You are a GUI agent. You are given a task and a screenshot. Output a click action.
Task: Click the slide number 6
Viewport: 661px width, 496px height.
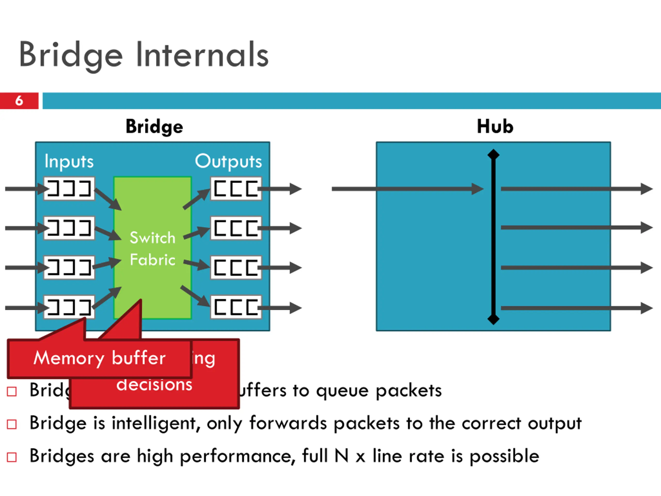click(19, 101)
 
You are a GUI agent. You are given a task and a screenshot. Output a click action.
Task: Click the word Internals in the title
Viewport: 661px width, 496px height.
click(202, 55)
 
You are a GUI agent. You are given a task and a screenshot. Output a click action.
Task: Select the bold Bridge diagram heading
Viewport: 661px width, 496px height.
click(154, 127)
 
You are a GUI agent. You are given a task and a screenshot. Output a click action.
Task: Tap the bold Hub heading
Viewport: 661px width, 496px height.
click(495, 127)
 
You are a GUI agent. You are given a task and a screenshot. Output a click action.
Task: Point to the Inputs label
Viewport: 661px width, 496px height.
click(69, 162)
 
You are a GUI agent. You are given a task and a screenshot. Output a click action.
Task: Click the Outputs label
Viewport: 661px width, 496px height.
click(228, 162)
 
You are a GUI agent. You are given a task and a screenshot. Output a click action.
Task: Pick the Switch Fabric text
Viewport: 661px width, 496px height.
click(152, 249)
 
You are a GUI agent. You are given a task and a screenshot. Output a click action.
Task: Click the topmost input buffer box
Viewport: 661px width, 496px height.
click(69, 189)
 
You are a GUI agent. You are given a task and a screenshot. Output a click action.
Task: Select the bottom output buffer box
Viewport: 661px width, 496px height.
click(236, 307)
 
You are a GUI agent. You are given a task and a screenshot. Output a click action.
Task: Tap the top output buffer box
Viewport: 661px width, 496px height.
click(236, 189)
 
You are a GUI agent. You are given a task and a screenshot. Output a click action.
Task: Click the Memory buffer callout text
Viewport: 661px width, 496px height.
click(99, 358)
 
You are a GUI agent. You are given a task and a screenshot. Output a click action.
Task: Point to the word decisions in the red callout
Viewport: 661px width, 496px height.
click(154, 385)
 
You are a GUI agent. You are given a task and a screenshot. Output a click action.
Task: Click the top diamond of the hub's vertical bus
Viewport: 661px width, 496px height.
click(493, 154)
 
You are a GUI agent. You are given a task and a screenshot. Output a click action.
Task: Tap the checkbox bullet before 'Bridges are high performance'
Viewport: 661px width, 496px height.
click(12, 457)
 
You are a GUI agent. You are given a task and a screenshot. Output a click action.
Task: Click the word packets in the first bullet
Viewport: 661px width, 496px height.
click(408, 391)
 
